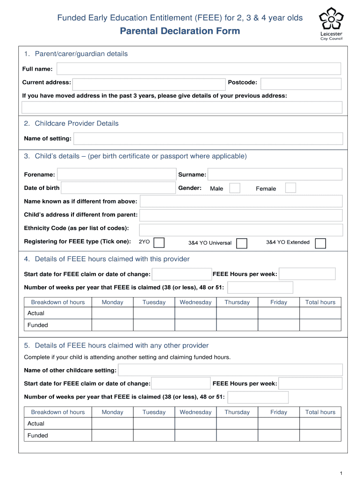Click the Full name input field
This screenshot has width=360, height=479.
pos(199,69)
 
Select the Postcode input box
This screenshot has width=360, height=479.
pos(301,84)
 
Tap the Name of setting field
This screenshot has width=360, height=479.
pos(208,138)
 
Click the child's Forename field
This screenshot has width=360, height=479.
pos(116,174)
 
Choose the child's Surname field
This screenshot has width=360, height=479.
pos(275,174)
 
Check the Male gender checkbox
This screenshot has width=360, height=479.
pos(235,188)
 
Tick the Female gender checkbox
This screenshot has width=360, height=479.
pos(290,188)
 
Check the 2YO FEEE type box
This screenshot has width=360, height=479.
pos(159,242)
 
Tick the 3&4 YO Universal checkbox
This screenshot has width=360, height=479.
pos(242,243)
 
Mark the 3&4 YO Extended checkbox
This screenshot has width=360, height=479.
pos(320,243)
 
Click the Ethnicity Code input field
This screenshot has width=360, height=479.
pos(241,230)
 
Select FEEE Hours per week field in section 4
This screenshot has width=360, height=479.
pos(307,274)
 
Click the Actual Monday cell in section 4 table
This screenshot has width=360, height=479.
pos(112,313)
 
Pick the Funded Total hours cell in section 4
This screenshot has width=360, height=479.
pos(320,325)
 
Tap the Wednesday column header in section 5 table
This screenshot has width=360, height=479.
pos(195,412)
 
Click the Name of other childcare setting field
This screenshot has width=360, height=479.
pos(230,370)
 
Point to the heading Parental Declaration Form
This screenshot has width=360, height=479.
pos(180,31)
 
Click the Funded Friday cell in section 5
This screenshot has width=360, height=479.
pos(279,435)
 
